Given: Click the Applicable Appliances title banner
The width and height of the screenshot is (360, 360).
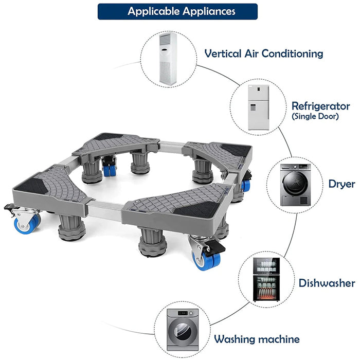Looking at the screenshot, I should (177, 11).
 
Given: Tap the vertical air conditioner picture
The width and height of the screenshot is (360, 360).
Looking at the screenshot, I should (170, 59).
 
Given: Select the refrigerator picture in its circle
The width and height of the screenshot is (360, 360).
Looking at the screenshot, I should (258, 107).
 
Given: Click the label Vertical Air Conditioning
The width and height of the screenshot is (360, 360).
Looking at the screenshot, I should (264, 53).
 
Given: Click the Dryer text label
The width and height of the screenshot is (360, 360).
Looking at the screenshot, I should (342, 184).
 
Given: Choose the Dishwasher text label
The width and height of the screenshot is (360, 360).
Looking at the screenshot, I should (327, 283).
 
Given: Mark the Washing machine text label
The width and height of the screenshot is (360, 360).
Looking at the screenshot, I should (257, 339).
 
